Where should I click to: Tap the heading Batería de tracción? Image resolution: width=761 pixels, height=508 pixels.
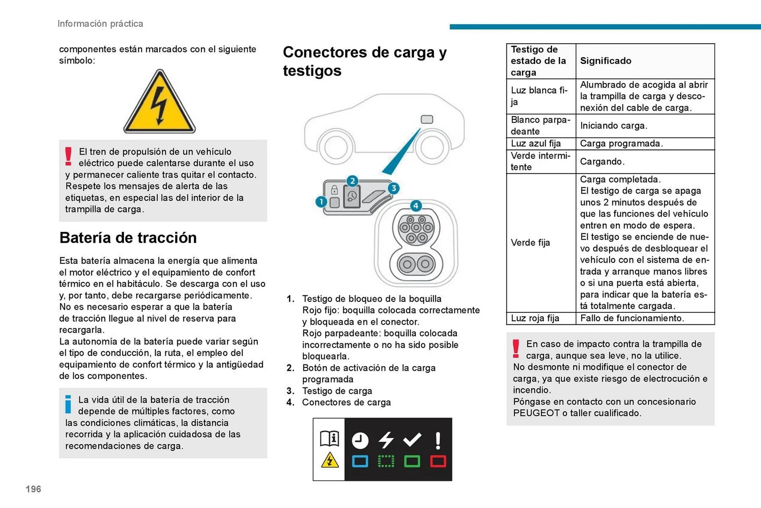(128, 238)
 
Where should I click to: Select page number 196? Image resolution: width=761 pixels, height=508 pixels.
(33, 489)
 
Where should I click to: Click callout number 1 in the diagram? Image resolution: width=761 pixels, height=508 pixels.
(321, 202)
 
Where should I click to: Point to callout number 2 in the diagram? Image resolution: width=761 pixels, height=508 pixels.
(352, 181)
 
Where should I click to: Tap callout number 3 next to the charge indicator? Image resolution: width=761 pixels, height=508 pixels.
(393, 188)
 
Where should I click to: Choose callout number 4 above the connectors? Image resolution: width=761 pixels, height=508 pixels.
(415, 206)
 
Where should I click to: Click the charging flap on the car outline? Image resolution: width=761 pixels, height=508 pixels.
(427, 119)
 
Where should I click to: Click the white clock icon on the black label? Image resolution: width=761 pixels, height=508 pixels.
(360, 441)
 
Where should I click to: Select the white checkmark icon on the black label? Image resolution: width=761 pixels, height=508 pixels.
(412, 439)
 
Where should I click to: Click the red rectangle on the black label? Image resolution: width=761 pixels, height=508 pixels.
(438, 461)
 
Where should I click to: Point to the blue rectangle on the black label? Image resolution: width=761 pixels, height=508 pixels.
(360, 461)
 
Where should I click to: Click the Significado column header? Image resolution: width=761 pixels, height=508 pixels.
(606, 61)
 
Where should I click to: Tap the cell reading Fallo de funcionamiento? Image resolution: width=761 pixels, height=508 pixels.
(632, 318)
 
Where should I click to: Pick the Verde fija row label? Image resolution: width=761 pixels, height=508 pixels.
(530, 243)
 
